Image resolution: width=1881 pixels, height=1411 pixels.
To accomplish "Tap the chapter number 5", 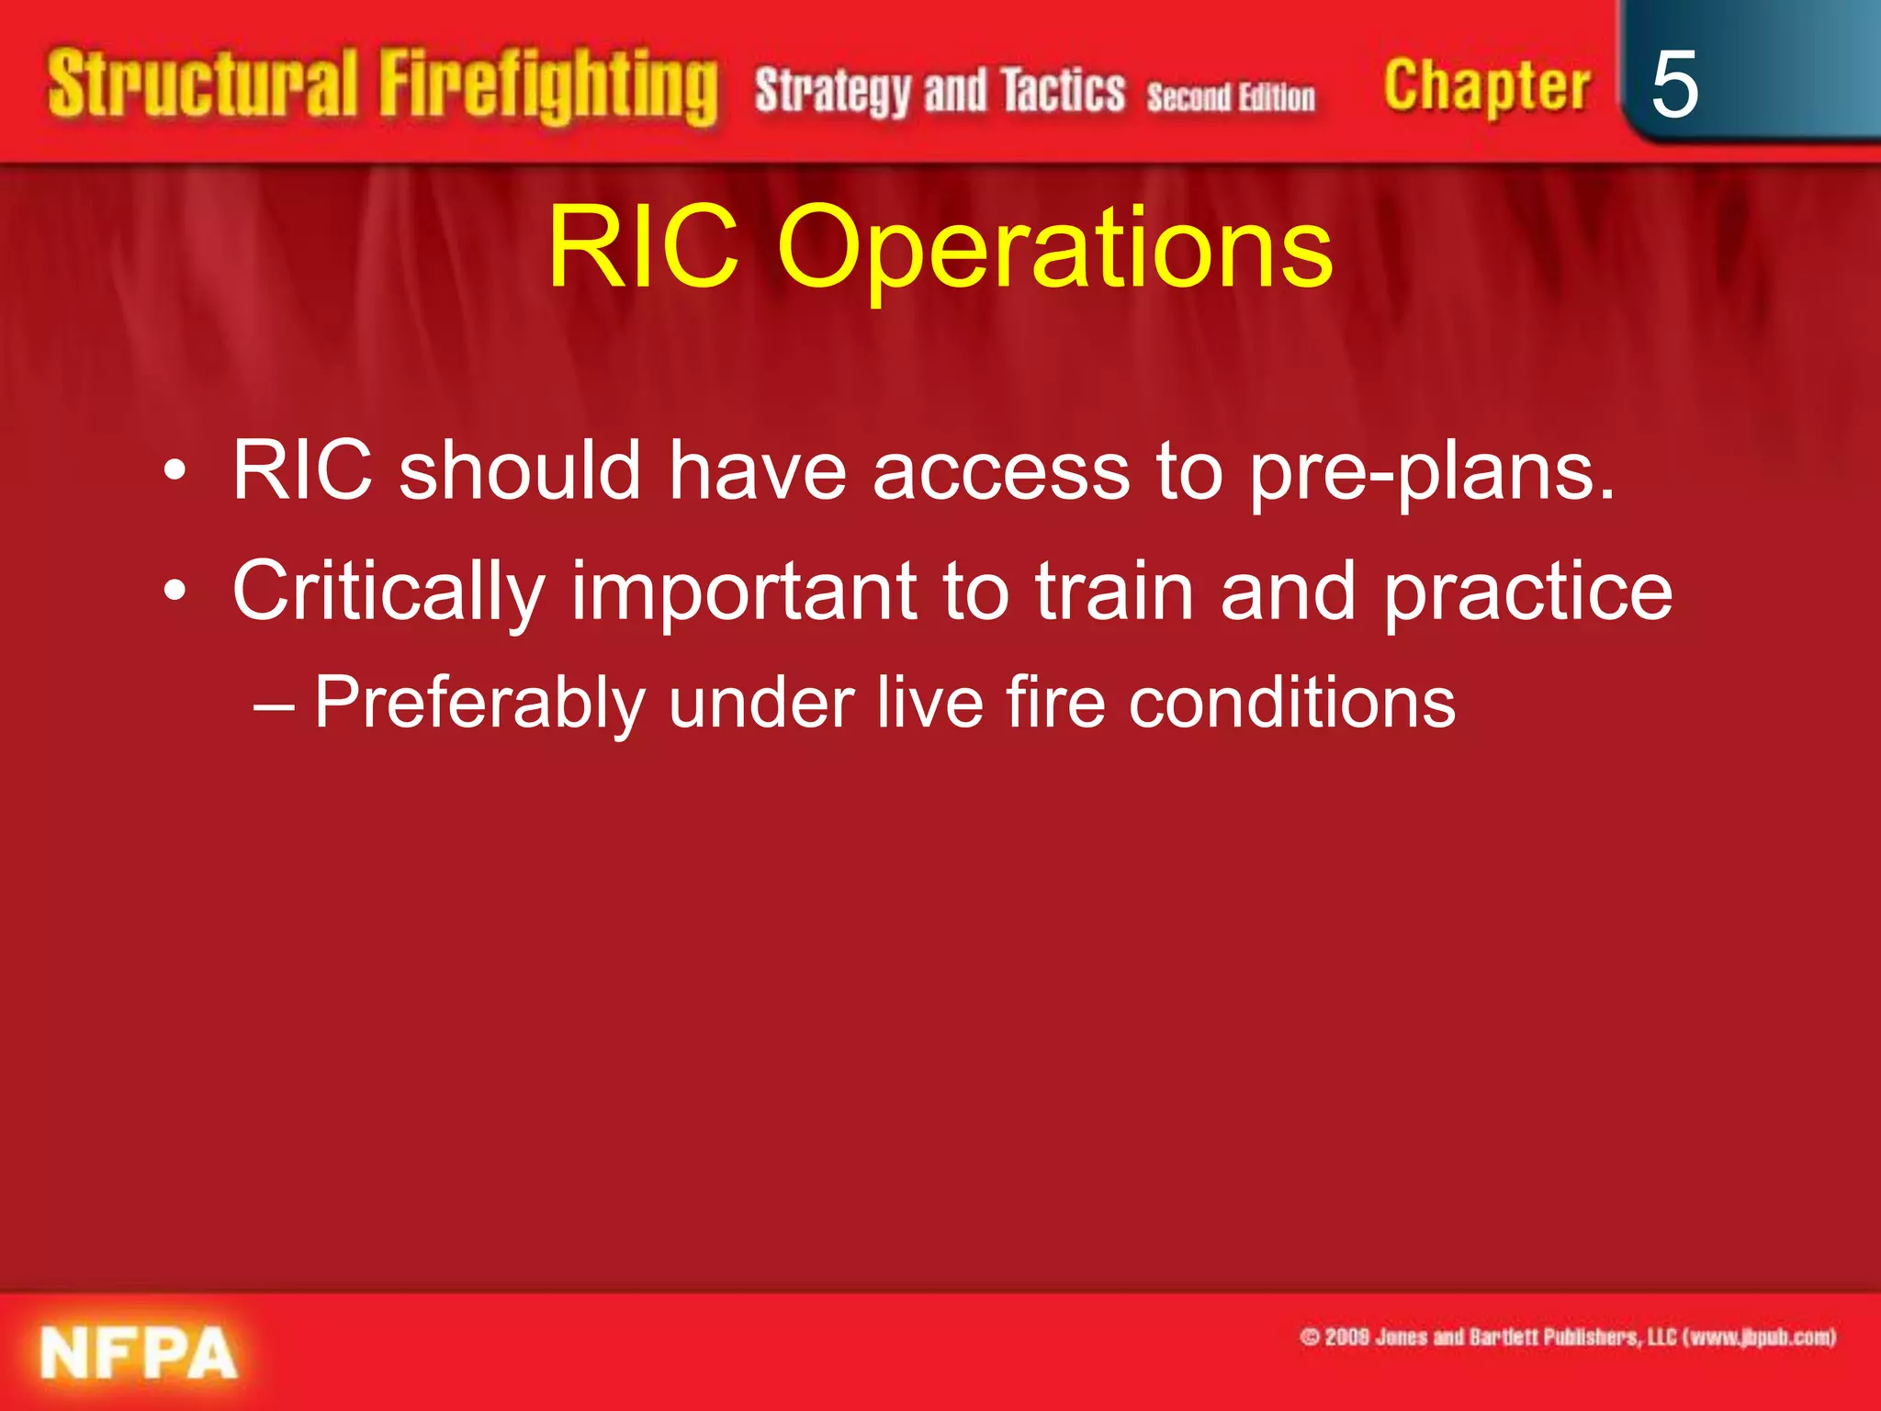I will (1673, 85).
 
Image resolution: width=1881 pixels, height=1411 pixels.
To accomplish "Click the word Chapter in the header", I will (1485, 87).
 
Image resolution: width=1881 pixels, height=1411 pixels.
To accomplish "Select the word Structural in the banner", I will (202, 85).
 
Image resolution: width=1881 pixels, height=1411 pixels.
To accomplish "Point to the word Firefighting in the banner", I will (548, 89).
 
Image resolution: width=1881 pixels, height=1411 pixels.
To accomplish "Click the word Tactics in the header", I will (1063, 92).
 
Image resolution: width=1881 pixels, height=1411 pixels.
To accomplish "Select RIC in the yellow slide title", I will (643, 246).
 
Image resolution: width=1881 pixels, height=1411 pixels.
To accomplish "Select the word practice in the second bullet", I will (1527, 593).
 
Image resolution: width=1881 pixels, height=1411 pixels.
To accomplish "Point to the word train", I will (1114, 592).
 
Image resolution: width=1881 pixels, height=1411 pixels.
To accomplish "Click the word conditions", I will (1291, 704).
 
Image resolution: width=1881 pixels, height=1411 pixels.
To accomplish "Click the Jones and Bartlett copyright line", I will (1567, 1337).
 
